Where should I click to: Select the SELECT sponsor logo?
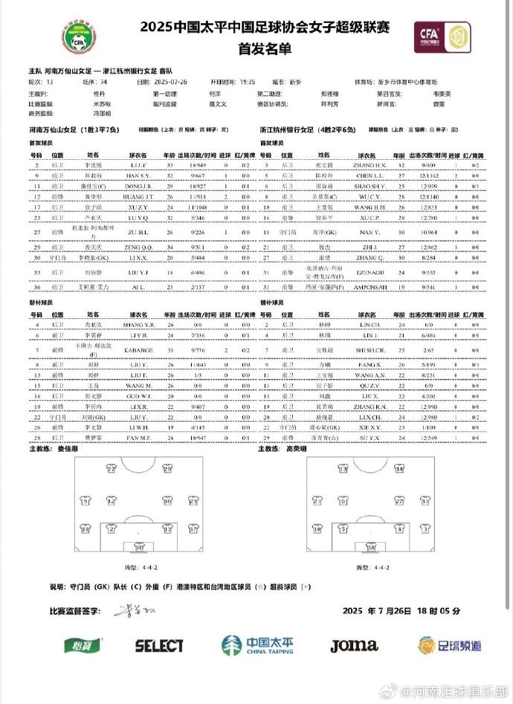(158, 645)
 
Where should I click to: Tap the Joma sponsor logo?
(354, 645)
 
